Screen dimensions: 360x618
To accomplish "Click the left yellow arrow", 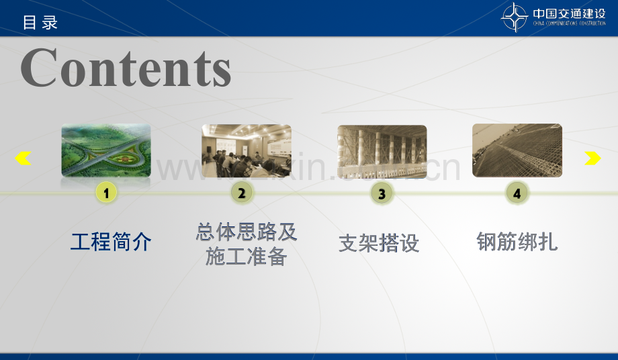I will (23, 159).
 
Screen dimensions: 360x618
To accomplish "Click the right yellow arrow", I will (592, 159).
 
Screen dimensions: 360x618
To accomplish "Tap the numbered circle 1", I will (106, 193).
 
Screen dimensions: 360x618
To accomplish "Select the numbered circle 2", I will (242, 193).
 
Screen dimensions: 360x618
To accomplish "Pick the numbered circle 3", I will (382, 194).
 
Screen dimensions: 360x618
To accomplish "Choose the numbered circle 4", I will (517, 193).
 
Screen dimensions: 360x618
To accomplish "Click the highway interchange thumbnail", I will (106, 150).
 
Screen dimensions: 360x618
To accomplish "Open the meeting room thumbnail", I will (247, 150).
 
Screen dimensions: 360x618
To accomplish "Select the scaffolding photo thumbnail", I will (382, 151).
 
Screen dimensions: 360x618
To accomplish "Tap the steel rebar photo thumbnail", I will (517, 150).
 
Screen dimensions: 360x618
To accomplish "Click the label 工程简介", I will (111, 241).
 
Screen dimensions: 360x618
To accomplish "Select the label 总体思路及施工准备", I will (247, 244).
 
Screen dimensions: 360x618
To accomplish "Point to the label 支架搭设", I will (379, 243).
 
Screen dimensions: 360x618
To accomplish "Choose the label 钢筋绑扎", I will (517, 241).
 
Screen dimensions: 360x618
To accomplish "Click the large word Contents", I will (126, 68).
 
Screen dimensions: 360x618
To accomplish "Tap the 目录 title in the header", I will (40, 22).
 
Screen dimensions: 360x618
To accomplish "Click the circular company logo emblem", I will (515, 17).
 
